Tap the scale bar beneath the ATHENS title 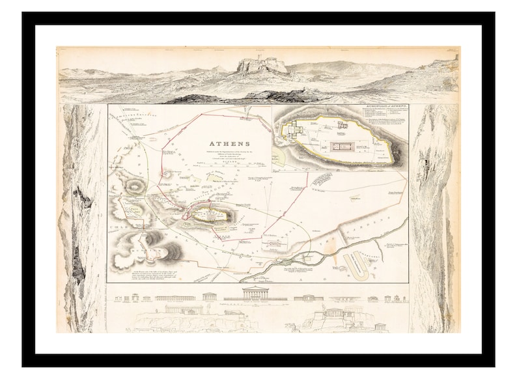(223, 166)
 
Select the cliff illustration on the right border (433, 215)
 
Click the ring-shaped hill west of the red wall (137, 186)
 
